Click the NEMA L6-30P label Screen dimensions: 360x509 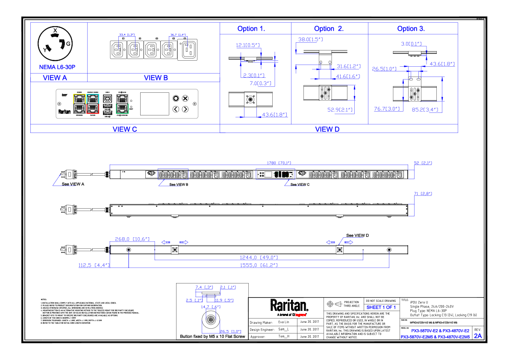[57, 67]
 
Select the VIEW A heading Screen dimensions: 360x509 [55, 78]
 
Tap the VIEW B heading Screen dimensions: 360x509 [156, 78]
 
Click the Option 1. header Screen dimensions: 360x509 [251, 29]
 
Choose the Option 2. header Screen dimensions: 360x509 [329, 29]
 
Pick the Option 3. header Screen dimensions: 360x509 [411, 29]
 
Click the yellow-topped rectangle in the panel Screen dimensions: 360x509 [79, 103]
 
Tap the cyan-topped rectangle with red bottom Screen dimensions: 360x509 [93, 103]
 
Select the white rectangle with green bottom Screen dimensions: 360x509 [122, 103]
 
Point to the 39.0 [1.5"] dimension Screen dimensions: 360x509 [310, 40]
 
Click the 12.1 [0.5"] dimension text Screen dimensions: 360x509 [248, 45]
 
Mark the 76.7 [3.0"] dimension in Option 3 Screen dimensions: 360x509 [387, 109]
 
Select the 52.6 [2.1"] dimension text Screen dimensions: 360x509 [340, 110]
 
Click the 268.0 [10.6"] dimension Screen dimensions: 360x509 [132, 239]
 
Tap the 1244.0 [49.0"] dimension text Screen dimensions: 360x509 [259, 258]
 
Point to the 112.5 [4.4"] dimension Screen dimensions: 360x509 [94, 266]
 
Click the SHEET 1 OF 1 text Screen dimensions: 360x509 [381, 307]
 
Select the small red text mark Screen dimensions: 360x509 [300, 315]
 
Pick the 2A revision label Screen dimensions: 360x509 [478, 336]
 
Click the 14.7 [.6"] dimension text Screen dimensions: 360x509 [211, 307]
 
